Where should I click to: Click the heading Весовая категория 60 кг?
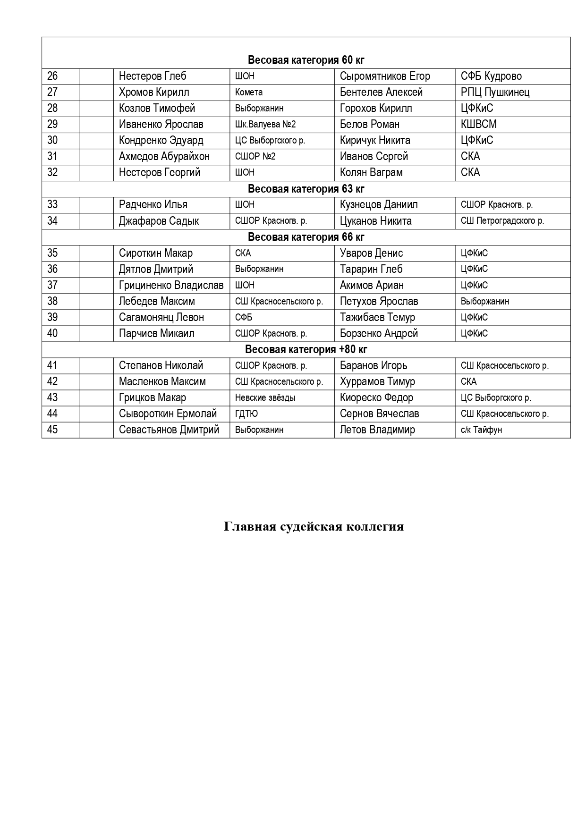(x=306, y=60)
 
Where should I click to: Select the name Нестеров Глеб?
(x=153, y=76)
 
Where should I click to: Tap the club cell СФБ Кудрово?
(x=491, y=76)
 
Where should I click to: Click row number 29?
(x=52, y=125)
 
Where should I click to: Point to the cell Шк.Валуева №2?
(x=265, y=125)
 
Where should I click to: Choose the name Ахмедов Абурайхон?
(x=164, y=157)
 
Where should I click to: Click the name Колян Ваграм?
(x=371, y=173)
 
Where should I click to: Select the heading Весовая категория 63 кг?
(x=306, y=189)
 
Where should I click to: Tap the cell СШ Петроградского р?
(x=502, y=221)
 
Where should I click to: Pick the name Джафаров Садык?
(x=159, y=221)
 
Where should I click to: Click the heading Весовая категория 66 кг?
(x=306, y=237)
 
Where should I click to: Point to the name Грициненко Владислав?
(x=171, y=286)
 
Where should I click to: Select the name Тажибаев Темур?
(x=377, y=318)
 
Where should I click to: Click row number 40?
(x=52, y=334)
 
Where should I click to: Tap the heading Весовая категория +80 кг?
(x=306, y=350)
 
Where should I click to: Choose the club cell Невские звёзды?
(x=265, y=398)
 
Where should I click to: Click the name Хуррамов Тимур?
(x=377, y=382)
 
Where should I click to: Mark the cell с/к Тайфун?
(x=481, y=430)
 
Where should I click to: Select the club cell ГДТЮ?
(x=246, y=414)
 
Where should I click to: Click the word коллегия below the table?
(x=375, y=527)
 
